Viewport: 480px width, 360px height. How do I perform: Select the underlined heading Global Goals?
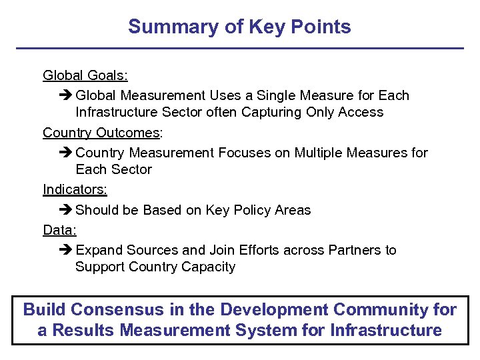(x=85, y=75)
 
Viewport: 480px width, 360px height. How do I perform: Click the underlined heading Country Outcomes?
(x=101, y=133)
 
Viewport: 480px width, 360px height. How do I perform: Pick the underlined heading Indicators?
(x=75, y=189)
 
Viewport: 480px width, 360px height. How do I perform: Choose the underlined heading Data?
(x=59, y=230)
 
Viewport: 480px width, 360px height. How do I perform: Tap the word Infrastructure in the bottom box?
(x=385, y=330)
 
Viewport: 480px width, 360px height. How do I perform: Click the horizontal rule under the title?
(x=239, y=49)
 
